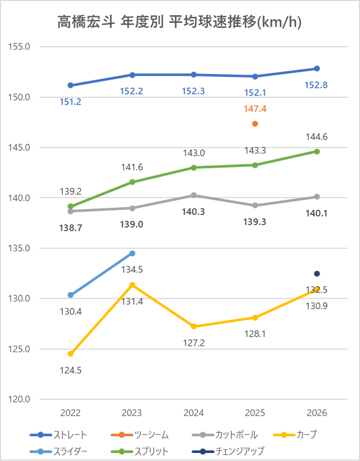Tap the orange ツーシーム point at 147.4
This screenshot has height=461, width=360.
coord(255,124)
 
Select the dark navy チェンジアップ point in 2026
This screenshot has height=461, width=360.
coord(317,274)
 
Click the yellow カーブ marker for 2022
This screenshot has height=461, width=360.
coord(70,354)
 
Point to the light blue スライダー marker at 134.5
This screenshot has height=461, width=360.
coord(132,253)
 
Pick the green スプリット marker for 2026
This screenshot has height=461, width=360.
coord(317,152)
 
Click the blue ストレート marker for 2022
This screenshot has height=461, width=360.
coord(70,85)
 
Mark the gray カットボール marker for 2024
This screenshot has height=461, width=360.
coord(194,195)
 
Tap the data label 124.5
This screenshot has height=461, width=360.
coord(70,370)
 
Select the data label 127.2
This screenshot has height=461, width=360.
coord(194,343)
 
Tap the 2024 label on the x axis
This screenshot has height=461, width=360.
coord(194,413)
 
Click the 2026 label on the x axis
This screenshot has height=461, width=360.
coord(317,413)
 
